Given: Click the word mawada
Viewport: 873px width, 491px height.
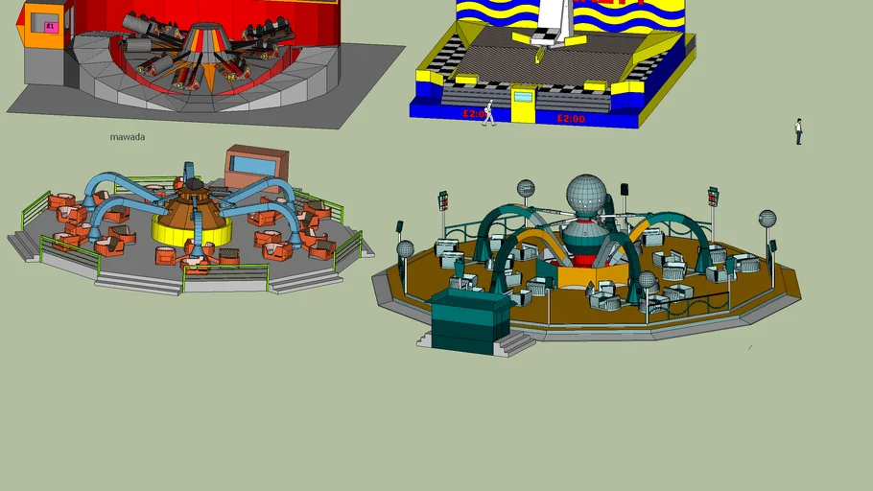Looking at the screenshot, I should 128,137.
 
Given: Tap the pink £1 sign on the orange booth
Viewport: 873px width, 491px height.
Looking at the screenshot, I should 51,26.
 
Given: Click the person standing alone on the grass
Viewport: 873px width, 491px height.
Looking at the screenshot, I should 798,131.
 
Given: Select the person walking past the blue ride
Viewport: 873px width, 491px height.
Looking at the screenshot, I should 488,113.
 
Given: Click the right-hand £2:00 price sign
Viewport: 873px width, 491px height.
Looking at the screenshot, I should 571,118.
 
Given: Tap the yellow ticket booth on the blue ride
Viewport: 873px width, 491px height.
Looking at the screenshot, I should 524,105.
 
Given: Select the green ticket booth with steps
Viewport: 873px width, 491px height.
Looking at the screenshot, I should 470,320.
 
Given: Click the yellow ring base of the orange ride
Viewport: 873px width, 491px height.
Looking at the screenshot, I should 192,231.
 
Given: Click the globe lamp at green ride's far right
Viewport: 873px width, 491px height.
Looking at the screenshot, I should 767,220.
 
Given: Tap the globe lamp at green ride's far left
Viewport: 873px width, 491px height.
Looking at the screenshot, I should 406,250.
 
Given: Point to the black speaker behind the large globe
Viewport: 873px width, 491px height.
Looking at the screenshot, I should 624,191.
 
